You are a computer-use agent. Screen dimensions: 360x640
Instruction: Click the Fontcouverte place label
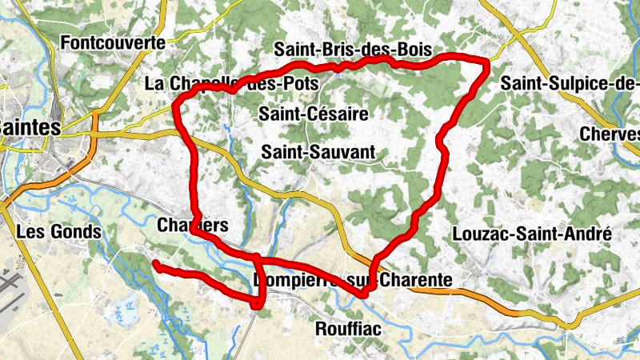[117, 42]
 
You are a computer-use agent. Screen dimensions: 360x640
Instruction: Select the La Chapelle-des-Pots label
[232, 83]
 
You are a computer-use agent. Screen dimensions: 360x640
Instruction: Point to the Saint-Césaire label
[314, 114]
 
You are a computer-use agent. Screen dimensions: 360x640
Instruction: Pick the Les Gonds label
[59, 232]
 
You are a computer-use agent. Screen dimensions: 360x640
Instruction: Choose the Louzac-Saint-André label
[531, 234]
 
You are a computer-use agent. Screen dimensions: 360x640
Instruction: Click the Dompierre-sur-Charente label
[352, 280]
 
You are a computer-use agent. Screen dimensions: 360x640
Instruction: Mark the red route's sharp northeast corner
[486, 62]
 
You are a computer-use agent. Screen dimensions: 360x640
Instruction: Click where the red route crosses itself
[258, 259]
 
